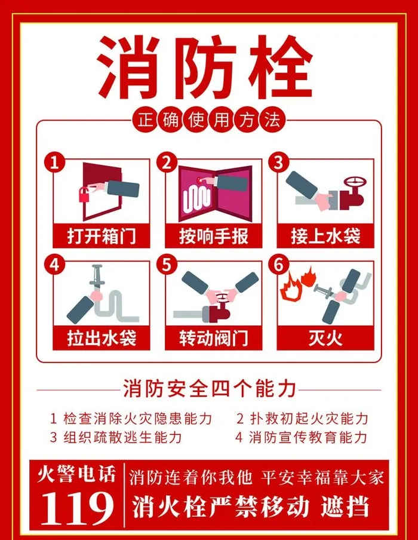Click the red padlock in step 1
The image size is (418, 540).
84,195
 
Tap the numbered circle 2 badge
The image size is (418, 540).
167,162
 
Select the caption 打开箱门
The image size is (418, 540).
102,237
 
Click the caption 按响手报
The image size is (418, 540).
213,237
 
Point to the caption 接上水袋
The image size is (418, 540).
325,237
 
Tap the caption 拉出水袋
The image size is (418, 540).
102,338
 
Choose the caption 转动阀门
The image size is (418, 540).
213,338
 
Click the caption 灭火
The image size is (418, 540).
325,338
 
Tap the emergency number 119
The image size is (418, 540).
76,508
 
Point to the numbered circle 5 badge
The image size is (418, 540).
167,265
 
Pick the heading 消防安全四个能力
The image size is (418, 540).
210,388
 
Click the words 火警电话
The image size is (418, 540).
76,474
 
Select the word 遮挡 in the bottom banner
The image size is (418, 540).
345,507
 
